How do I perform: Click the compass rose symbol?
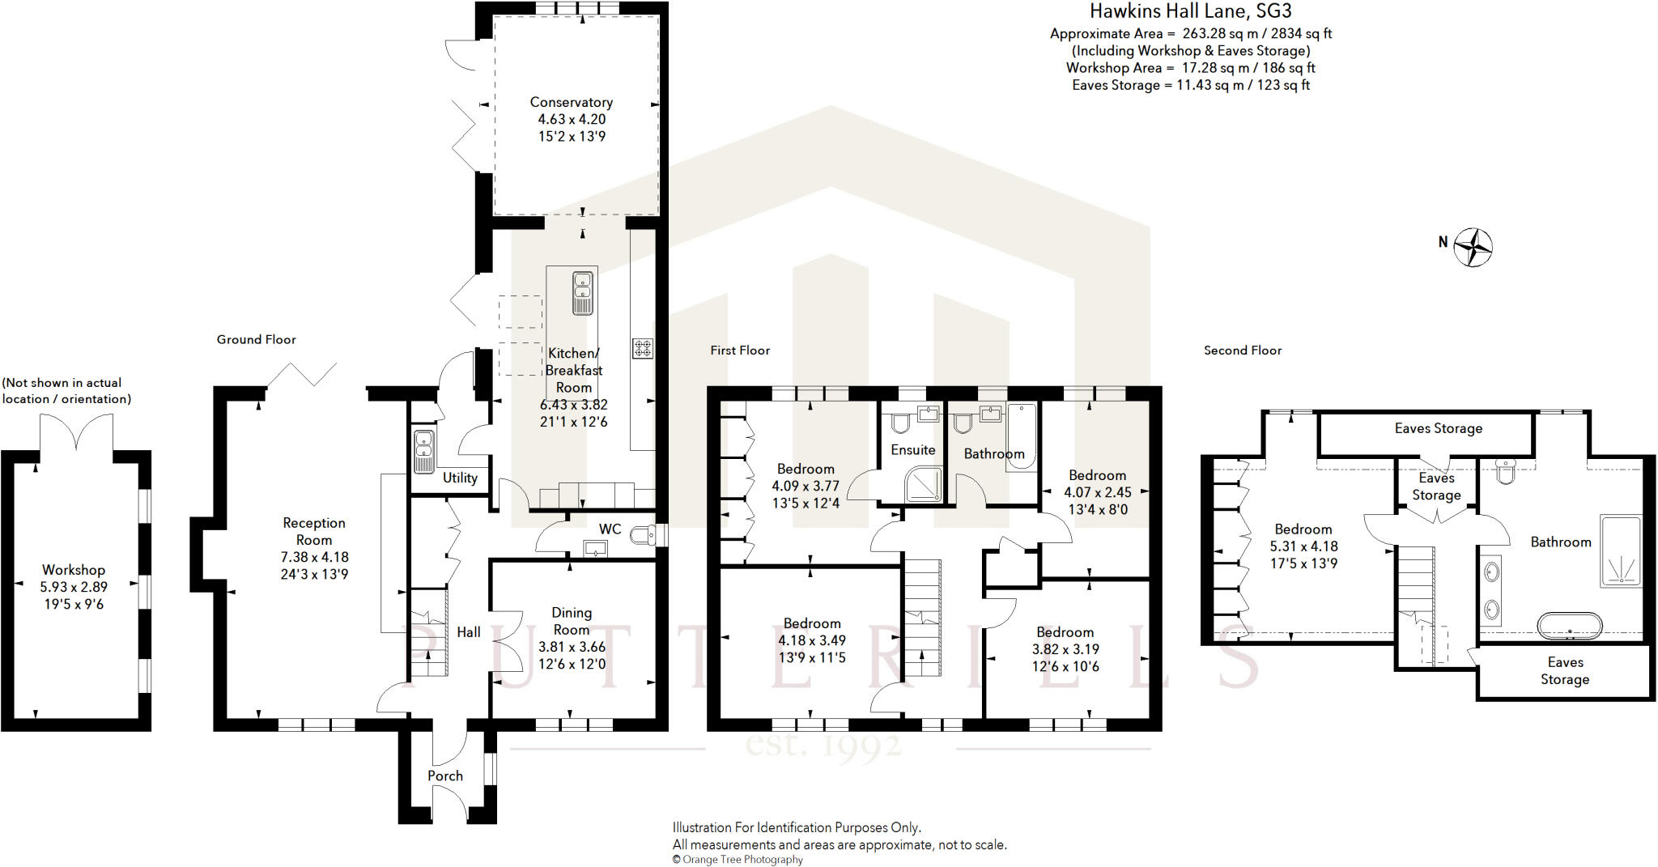pyautogui.click(x=1473, y=247)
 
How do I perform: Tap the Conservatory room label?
pyautogui.click(x=571, y=102)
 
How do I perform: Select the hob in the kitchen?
pyautogui.click(x=643, y=349)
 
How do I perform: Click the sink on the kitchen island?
pyautogui.click(x=582, y=292)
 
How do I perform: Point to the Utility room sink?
pyautogui.click(x=423, y=452)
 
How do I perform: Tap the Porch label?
pyautogui.click(x=445, y=776)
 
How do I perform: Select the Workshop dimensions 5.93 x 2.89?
pyautogui.click(x=74, y=587)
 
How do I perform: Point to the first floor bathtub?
pyautogui.click(x=1022, y=436)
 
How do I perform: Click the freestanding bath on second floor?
pyautogui.click(x=1570, y=627)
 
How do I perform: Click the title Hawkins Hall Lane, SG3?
pyautogui.click(x=1190, y=11)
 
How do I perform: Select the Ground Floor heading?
pyautogui.click(x=256, y=339)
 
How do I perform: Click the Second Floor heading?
pyautogui.click(x=1242, y=350)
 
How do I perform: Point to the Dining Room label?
pyautogui.click(x=571, y=621)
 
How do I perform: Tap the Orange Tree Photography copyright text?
pyautogui.click(x=738, y=860)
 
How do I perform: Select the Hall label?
pyautogui.click(x=468, y=632)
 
